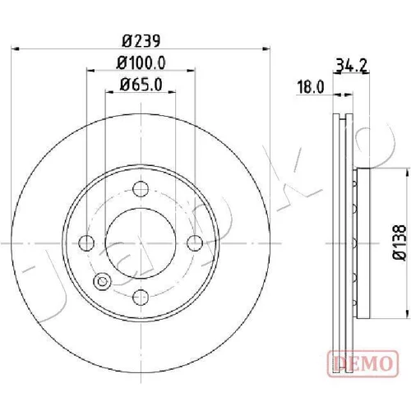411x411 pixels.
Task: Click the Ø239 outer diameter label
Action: click(x=141, y=41)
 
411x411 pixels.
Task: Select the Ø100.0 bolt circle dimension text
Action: click(x=141, y=62)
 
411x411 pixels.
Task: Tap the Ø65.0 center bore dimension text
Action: click(x=141, y=85)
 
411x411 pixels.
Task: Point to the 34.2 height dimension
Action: click(x=351, y=65)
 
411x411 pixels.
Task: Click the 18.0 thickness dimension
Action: click(x=311, y=87)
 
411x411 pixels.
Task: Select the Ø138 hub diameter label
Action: click(x=399, y=242)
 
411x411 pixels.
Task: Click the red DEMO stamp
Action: click(x=363, y=363)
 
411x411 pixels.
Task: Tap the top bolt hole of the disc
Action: click(x=141, y=189)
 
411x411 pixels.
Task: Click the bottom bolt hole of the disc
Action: click(x=141, y=297)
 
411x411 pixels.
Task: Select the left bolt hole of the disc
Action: click(x=86, y=242)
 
